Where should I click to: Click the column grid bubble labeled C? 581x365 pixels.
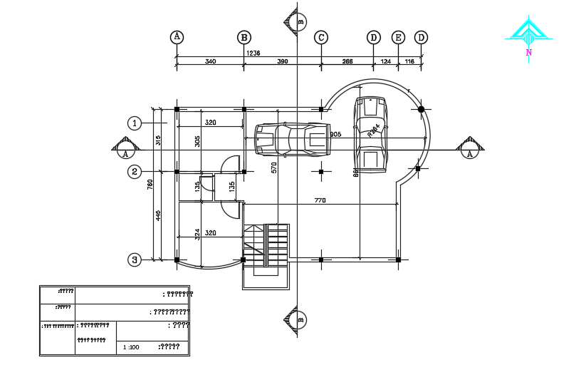[x=321, y=37]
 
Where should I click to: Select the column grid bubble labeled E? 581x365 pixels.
[x=398, y=37]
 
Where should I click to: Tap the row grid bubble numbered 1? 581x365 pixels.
[x=135, y=123]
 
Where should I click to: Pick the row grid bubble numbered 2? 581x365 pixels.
[x=135, y=171]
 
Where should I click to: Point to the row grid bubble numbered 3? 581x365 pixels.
[x=135, y=259]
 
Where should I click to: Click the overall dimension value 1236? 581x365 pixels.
[x=253, y=53]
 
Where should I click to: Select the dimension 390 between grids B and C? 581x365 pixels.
[x=282, y=62]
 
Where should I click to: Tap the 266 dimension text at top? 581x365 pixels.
[x=347, y=62]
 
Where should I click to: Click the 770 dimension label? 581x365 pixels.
[x=320, y=201]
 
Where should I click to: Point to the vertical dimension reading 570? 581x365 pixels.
[x=273, y=168]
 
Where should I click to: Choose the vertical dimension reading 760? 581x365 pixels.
[x=150, y=184]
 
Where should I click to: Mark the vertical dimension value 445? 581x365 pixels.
[x=158, y=215]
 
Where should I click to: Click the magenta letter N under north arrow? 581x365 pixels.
[x=528, y=53]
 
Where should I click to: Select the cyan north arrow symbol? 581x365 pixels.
[x=528, y=31]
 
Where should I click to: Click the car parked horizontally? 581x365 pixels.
[x=292, y=139]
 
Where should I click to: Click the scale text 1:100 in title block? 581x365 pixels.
[x=131, y=347]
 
